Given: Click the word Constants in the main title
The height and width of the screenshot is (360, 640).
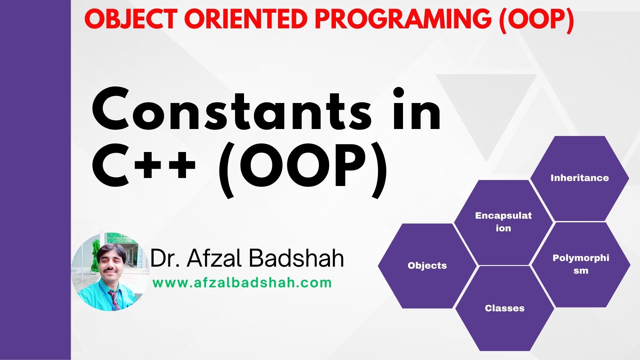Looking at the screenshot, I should point(231,109).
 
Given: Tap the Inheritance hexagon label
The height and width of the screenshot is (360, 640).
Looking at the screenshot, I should point(579,178).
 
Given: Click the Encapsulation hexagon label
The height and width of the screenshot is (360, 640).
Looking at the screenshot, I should point(503,222).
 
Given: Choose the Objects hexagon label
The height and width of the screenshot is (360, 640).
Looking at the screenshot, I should point(427,266).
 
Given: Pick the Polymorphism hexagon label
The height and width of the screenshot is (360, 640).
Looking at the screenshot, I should point(581,264).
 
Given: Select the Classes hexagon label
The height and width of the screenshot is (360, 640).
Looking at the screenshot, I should point(505,308).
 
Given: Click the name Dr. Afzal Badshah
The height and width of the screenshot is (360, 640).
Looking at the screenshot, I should point(247,258).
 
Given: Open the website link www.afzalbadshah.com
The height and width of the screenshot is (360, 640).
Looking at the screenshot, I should point(242,283).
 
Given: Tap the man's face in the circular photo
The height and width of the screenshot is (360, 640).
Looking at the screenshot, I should point(110,262).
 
